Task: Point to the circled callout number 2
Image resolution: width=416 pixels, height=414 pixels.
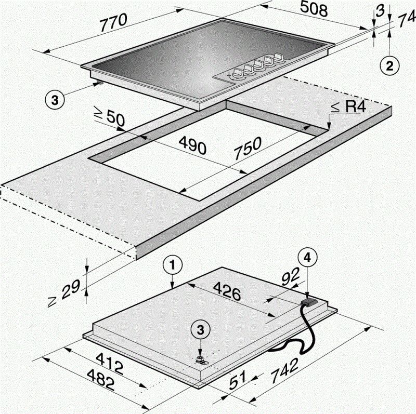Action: [x=389, y=66]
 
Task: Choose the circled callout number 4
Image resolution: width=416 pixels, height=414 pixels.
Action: [x=307, y=259]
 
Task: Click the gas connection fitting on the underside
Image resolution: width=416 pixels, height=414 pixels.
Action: [x=199, y=359]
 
